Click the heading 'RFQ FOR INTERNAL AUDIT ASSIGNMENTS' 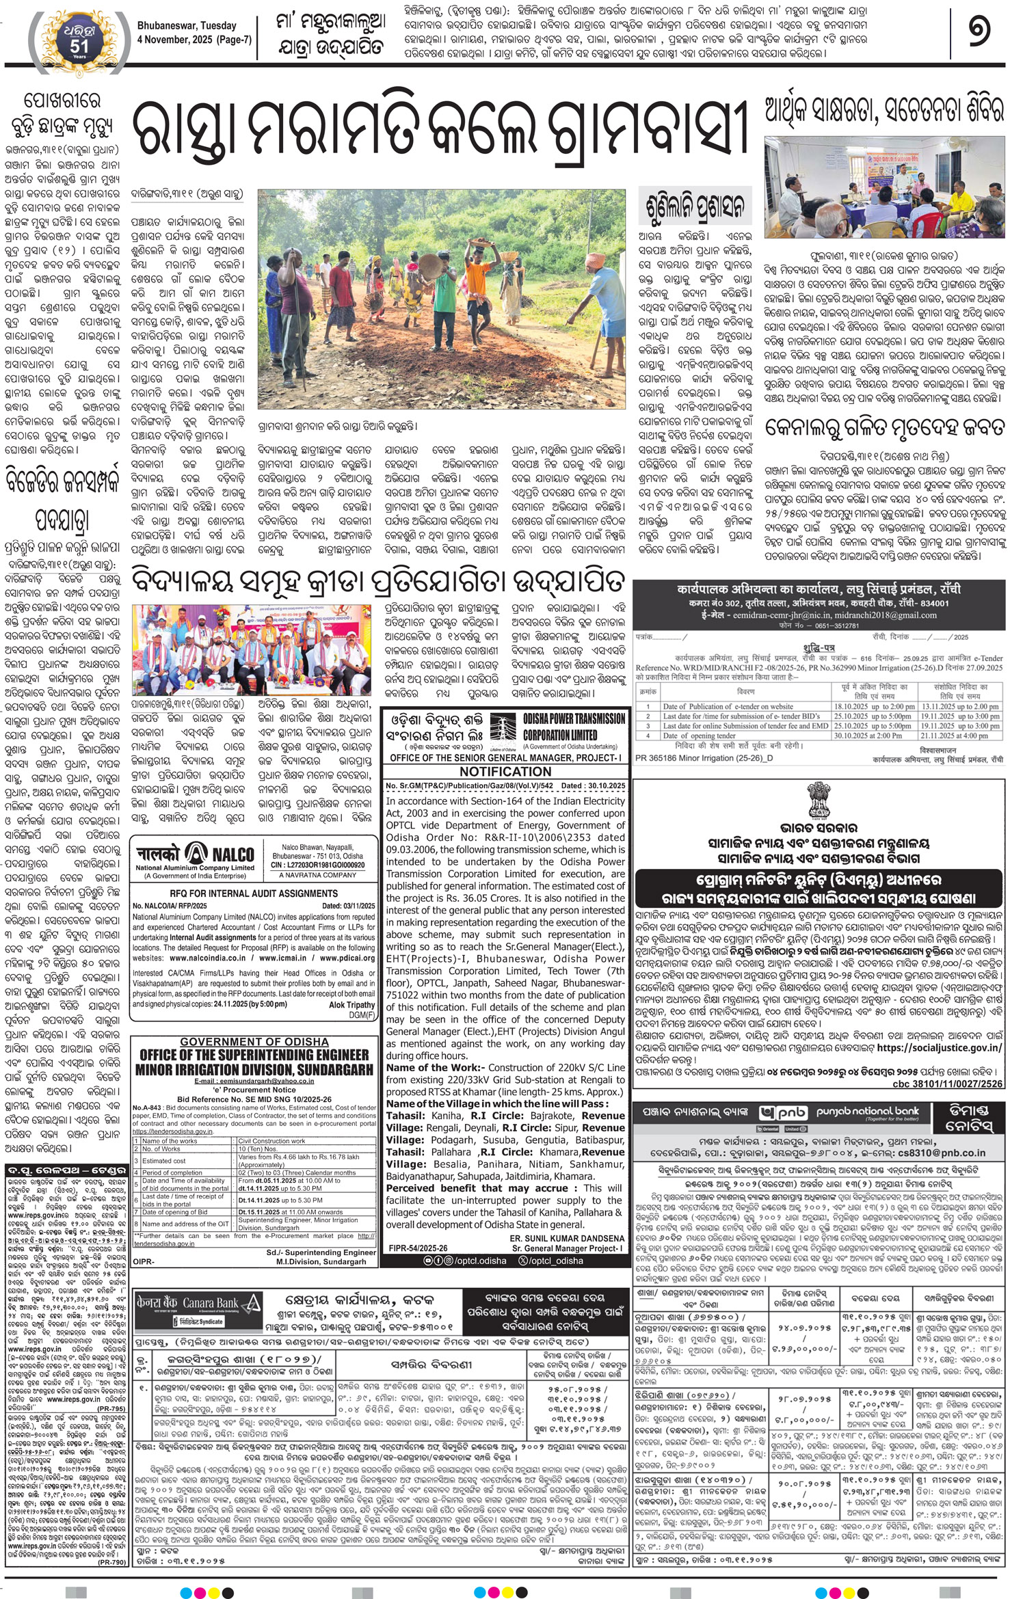pyautogui.click(x=253, y=893)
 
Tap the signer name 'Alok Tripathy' pyautogui.click(x=351, y=1004)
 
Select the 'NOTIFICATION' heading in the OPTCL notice pyautogui.click(x=505, y=771)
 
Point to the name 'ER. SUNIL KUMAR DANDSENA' pyautogui.click(x=567, y=1238)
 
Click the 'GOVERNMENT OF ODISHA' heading pyautogui.click(x=254, y=1042)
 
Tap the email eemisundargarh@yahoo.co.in pyautogui.click(x=254, y=1081)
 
